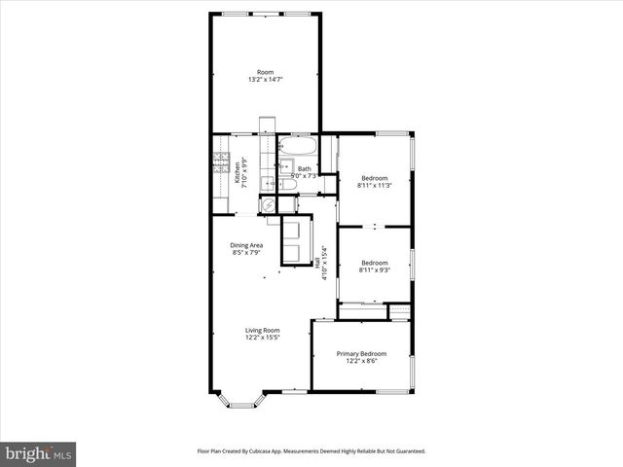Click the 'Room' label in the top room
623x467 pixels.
[265, 72]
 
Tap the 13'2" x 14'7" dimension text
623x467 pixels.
[265, 80]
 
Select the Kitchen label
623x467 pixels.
[236, 176]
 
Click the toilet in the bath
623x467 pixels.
[288, 184]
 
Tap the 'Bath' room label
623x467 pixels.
[304, 169]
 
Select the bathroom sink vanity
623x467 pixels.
[282, 167]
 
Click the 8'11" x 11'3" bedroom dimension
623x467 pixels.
[375, 186]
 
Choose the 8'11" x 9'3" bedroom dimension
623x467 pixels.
[375, 269]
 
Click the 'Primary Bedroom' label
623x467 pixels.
[361, 353]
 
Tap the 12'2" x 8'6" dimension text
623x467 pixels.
[361, 361]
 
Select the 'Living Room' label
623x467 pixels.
[262, 330]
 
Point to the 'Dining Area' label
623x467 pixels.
[246, 245]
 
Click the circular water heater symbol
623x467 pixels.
[268, 205]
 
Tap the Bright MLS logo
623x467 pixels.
[38, 453]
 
